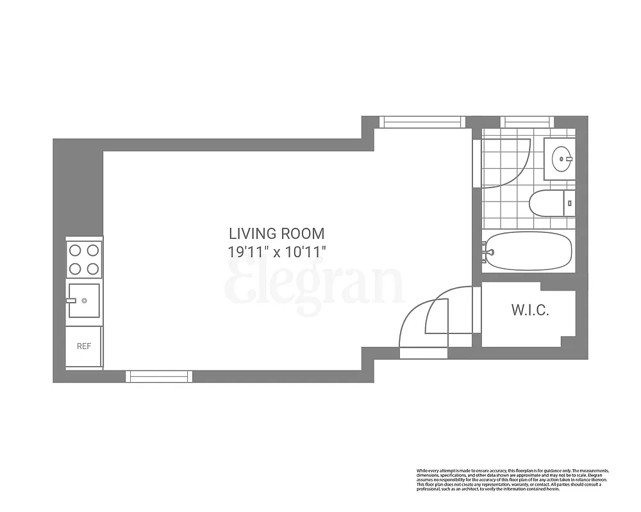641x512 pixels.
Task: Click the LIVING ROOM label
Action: pyautogui.click(x=277, y=234)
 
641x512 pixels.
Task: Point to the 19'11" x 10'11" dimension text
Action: pyautogui.click(x=277, y=252)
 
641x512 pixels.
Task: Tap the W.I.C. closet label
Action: pyautogui.click(x=530, y=311)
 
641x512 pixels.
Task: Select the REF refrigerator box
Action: pyautogui.click(x=84, y=346)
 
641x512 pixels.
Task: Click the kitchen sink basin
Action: pyautogui.click(x=84, y=300)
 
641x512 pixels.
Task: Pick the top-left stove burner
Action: pyautogui.click(x=75, y=250)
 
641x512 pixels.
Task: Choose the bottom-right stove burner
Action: pyautogui.click(x=93, y=269)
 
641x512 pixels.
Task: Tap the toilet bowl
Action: pyautogui.click(x=545, y=204)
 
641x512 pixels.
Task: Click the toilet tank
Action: pyautogui.click(x=569, y=204)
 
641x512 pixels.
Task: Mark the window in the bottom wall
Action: pyautogui.click(x=159, y=376)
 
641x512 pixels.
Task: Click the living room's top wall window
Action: pyautogui.click(x=421, y=122)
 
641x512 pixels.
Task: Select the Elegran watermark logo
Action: pyautogui.click(x=314, y=285)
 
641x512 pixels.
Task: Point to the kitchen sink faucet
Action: pyautogui.click(x=71, y=300)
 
